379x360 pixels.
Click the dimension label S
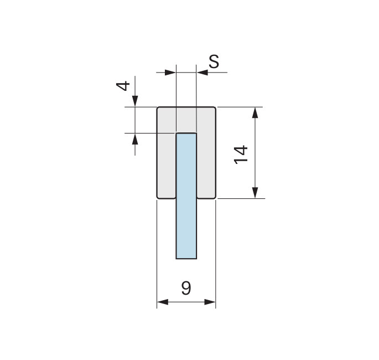point(214,61)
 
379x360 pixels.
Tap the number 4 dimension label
point(123,86)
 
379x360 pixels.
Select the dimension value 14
point(241,155)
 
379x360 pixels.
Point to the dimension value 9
point(186,288)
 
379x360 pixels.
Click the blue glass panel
point(186,196)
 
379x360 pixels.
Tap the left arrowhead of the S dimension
point(170,72)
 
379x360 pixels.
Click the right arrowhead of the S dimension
point(202,72)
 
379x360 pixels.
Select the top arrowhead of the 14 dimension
point(255,112)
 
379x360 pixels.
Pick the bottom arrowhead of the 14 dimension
point(255,193)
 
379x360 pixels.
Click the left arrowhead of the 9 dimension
point(163,302)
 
